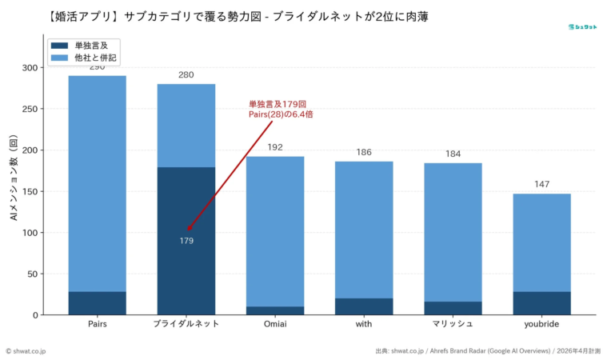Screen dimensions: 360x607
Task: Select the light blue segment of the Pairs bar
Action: point(97,183)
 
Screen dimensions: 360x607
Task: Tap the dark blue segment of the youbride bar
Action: point(541,303)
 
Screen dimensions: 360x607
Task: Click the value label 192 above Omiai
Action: point(274,147)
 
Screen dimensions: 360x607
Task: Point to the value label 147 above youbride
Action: point(541,185)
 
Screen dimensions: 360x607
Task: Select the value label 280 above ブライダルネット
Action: point(186,75)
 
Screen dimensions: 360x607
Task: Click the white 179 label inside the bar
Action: point(186,241)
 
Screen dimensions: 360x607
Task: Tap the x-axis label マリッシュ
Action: point(453,325)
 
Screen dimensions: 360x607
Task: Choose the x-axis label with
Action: point(364,325)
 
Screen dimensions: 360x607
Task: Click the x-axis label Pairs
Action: point(97,325)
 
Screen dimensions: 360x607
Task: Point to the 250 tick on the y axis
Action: point(30,109)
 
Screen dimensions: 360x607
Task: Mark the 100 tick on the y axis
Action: point(30,233)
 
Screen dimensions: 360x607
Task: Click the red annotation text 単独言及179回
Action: point(277,105)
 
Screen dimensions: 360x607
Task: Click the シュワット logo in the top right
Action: point(582,26)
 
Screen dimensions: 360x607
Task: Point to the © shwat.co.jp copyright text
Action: point(26,350)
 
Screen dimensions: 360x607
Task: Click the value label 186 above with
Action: point(364,152)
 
